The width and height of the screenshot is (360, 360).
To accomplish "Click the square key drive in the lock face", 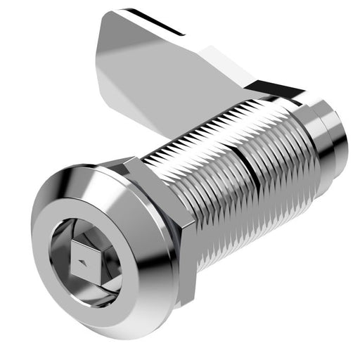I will pos(86,261).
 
